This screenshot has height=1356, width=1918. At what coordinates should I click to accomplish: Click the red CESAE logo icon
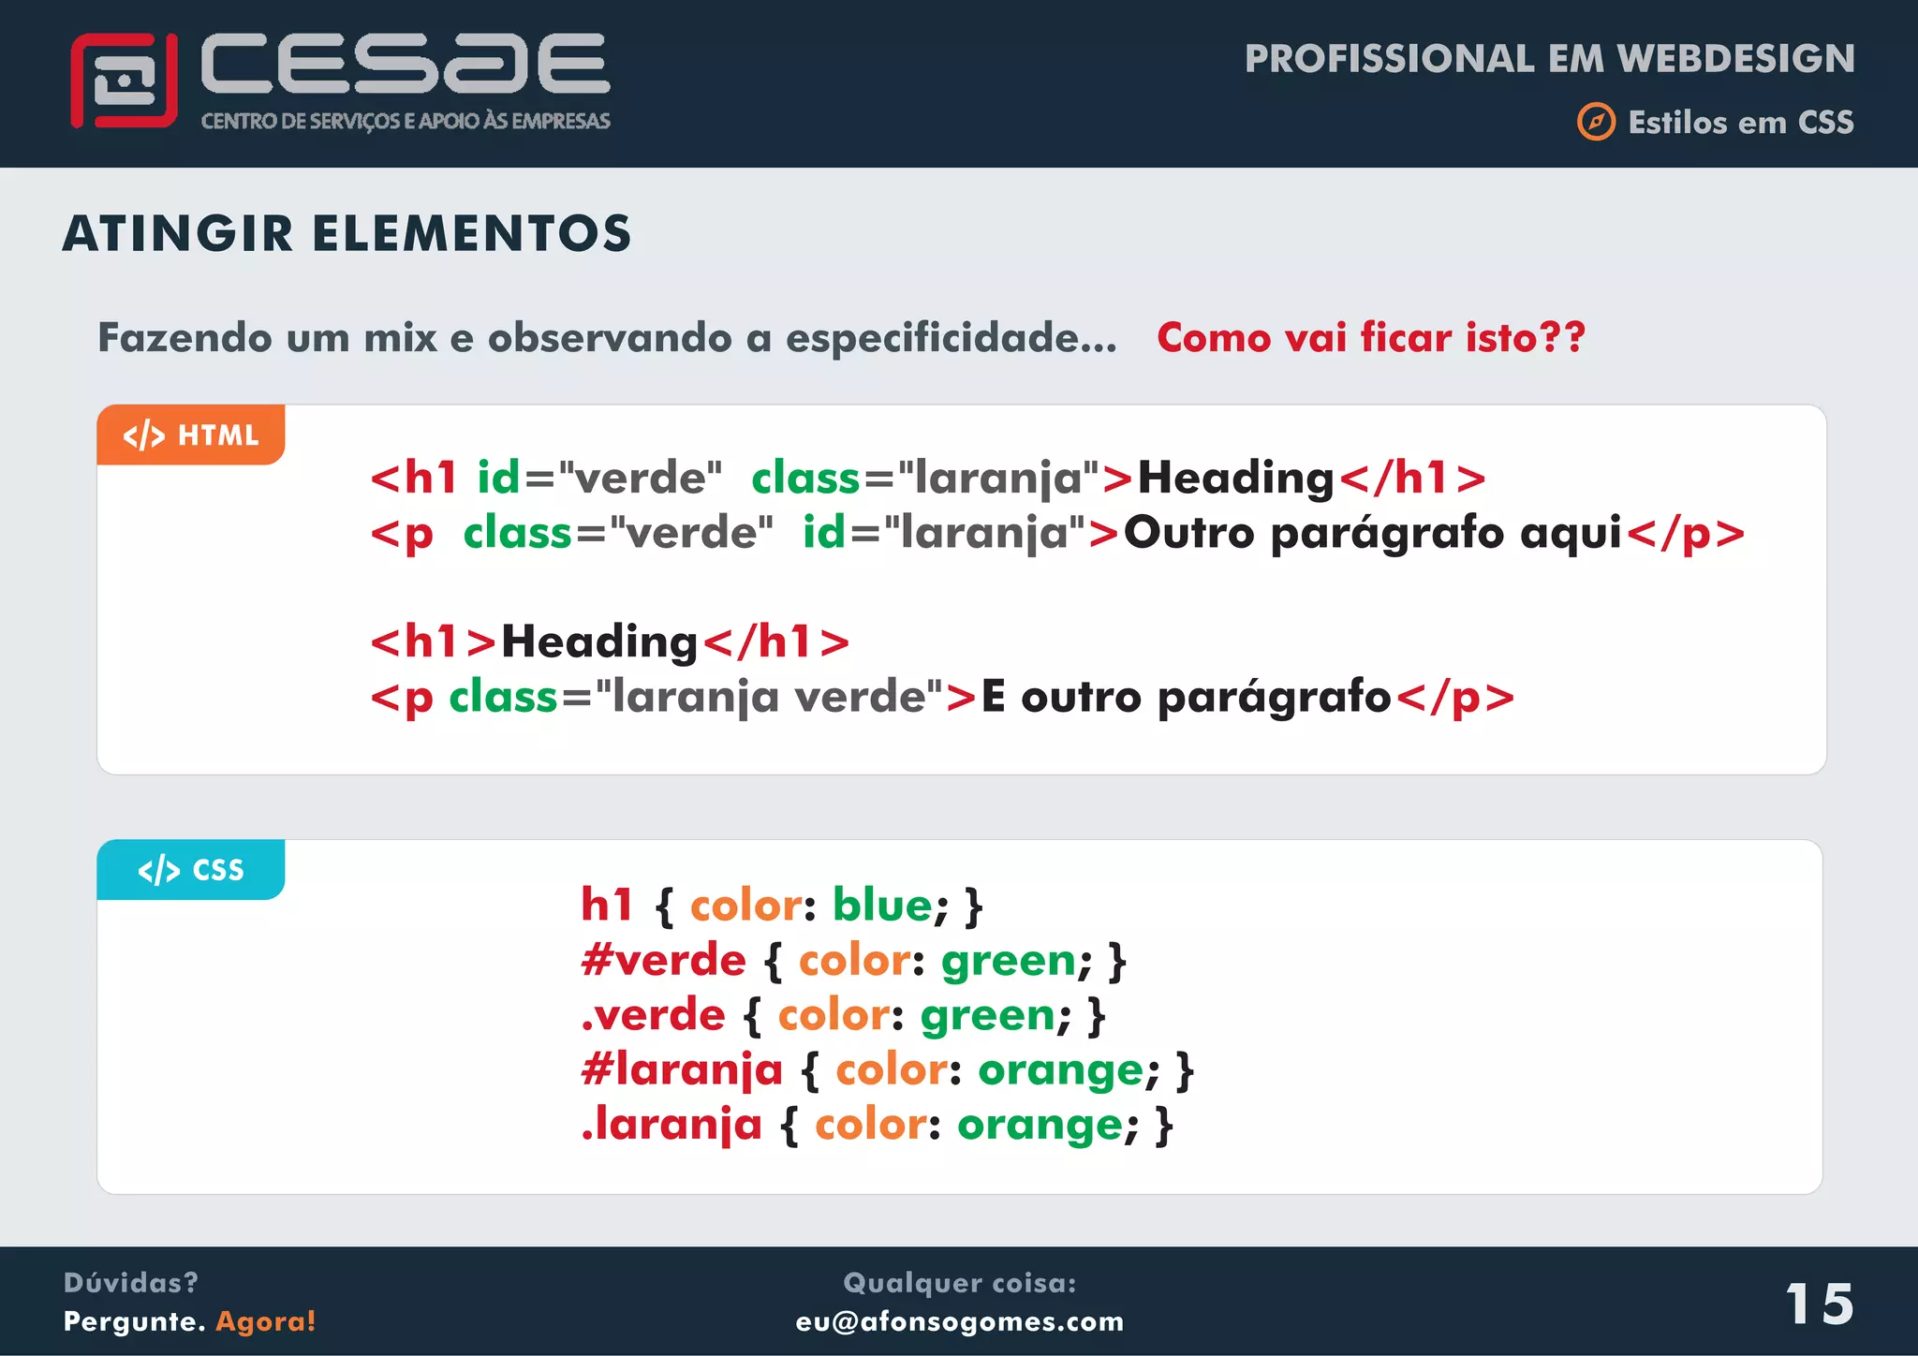point(124,81)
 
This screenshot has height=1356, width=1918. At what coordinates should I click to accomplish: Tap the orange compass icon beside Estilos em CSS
point(1596,122)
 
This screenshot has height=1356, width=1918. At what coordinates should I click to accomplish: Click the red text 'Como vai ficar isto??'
point(1370,337)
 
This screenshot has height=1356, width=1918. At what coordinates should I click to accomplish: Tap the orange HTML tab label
point(191,435)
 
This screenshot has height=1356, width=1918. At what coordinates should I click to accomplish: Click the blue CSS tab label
point(191,870)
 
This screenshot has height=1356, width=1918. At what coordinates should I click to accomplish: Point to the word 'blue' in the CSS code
point(882,905)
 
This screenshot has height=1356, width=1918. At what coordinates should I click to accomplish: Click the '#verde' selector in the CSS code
point(663,960)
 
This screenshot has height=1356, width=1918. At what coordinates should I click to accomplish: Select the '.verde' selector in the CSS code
point(653,1014)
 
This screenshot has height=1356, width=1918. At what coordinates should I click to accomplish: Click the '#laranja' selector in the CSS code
point(682,1069)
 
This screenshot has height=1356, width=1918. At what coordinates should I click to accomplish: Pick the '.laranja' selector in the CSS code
point(671,1124)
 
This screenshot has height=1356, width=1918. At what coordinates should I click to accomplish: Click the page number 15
point(1819,1304)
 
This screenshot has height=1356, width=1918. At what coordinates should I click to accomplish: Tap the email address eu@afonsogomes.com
point(959,1321)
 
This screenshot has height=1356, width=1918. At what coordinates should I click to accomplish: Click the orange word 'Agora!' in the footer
point(266,1321)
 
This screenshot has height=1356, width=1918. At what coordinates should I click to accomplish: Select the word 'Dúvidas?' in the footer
point(131,1282)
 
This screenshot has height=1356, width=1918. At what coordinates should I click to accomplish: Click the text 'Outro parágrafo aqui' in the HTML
point(1372,533)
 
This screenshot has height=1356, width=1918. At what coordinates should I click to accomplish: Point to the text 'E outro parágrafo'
point(1186,697)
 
